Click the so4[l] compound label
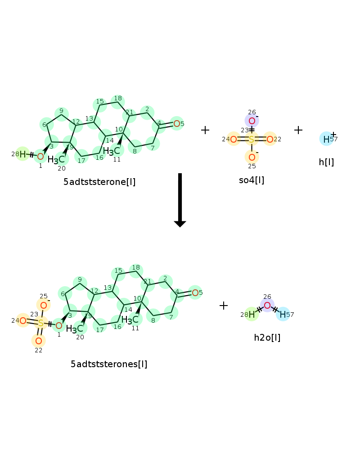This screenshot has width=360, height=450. click(x=252, y=180)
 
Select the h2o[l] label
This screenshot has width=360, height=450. click(x=267, y=337)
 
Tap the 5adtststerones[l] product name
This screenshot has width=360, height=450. click(x=109, y=364)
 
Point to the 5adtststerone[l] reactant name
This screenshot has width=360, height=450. click(x=99, y=182)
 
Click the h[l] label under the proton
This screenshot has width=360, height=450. click(x=326, y=162)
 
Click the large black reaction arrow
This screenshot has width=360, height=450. click(x=180, y=200)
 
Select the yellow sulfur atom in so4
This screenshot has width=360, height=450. click(x=252, y=139)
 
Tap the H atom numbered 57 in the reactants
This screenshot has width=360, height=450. click(x=326, y=139)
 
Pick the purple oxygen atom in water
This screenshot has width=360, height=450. click(x=267, y=306)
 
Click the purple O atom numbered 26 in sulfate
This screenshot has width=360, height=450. click(x=252, y=121)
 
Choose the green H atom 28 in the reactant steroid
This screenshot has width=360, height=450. click(x=22, y=154)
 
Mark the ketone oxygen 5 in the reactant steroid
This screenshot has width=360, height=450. click(x=177, y=124)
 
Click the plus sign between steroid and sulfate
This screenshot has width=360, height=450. click(x=205, y=130)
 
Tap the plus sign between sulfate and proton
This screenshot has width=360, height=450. click(x=298, y=130)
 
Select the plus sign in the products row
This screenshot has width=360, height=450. click(x=223, y=306)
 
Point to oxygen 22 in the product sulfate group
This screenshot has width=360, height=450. click(x=39, y=341)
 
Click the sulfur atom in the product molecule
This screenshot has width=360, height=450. click(x=41, y=323)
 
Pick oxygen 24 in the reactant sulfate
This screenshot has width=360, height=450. click(x=234, y=139)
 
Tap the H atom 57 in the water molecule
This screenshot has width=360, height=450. click(x=283, y=315)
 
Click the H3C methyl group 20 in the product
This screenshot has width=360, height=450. click(x=75, y=329)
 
